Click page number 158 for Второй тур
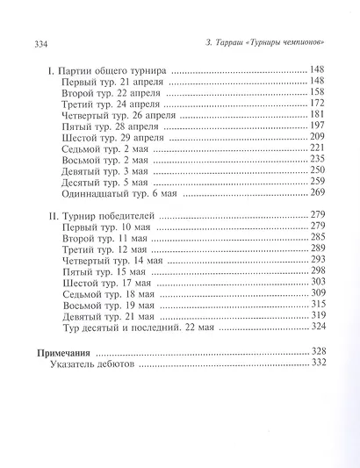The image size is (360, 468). [316, 93]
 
